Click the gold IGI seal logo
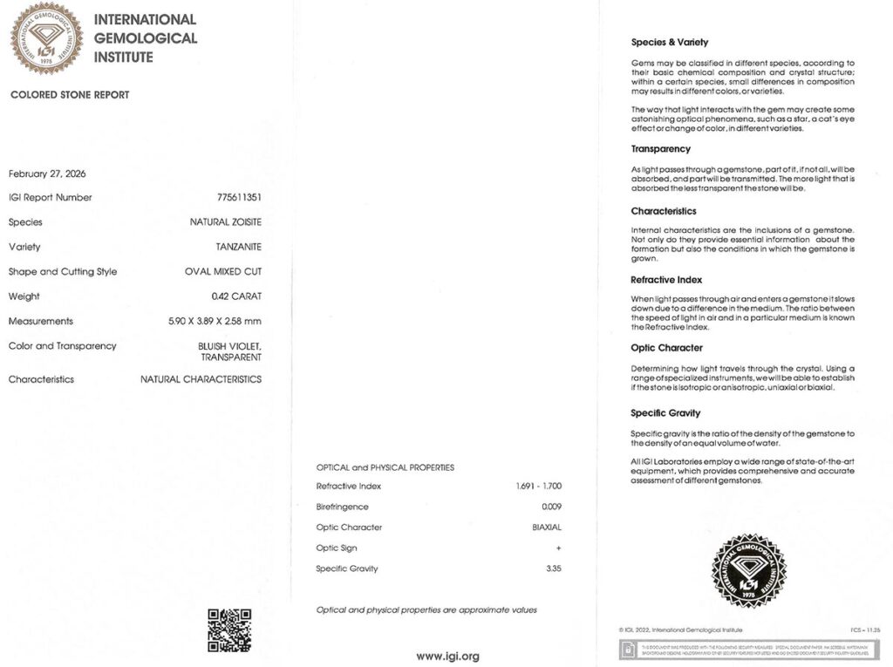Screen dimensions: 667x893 pos(46,38)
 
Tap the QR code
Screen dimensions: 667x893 pos(229,630)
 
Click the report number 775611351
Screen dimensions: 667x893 pos(239,197)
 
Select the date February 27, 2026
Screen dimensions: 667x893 pos(47,174)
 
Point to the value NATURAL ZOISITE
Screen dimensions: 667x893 pos(226,222)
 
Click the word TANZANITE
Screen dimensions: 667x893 pos(238,247)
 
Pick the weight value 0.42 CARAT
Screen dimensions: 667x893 pos(236,296)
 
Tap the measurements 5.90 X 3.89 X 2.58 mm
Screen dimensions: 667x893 pos(215,321)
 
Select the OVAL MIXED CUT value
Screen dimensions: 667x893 pos(223,271)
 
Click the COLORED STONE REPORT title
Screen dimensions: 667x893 pos(70,95)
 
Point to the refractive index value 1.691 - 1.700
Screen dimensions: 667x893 pos(539,486)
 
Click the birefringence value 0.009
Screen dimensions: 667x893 pos(551,507)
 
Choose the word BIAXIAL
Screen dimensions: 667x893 pos(547,527)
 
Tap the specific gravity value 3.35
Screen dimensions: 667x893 pos(552,568)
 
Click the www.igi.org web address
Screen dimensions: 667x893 pos(447,656)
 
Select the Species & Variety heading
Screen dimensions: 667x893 pos(670,42)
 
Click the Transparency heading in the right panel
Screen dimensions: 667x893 pos(660,149)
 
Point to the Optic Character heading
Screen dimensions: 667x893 pos(666,348)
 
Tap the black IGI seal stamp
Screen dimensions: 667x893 pos(750,571)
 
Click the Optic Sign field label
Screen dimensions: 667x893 pos(337,548)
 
